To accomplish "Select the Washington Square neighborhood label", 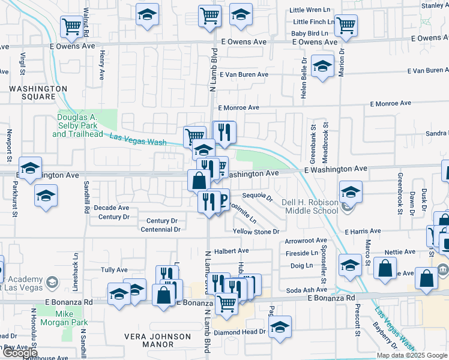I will click(x=38, y=92).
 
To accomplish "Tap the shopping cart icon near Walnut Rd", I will click(x=71, y=26).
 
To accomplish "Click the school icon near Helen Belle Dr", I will click(x=323, y=67).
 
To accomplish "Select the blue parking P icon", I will click(x=221, y=199).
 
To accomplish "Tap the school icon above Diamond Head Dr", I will click(x=280, y=326).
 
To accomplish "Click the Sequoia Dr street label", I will click(x=258, y=196).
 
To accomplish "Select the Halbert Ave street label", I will click(x=235, y=251).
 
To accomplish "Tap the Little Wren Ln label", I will click(x=309, y=10).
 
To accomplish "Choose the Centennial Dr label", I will click(x=160, y=229).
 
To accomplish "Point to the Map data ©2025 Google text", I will click(x=412, y=355).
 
